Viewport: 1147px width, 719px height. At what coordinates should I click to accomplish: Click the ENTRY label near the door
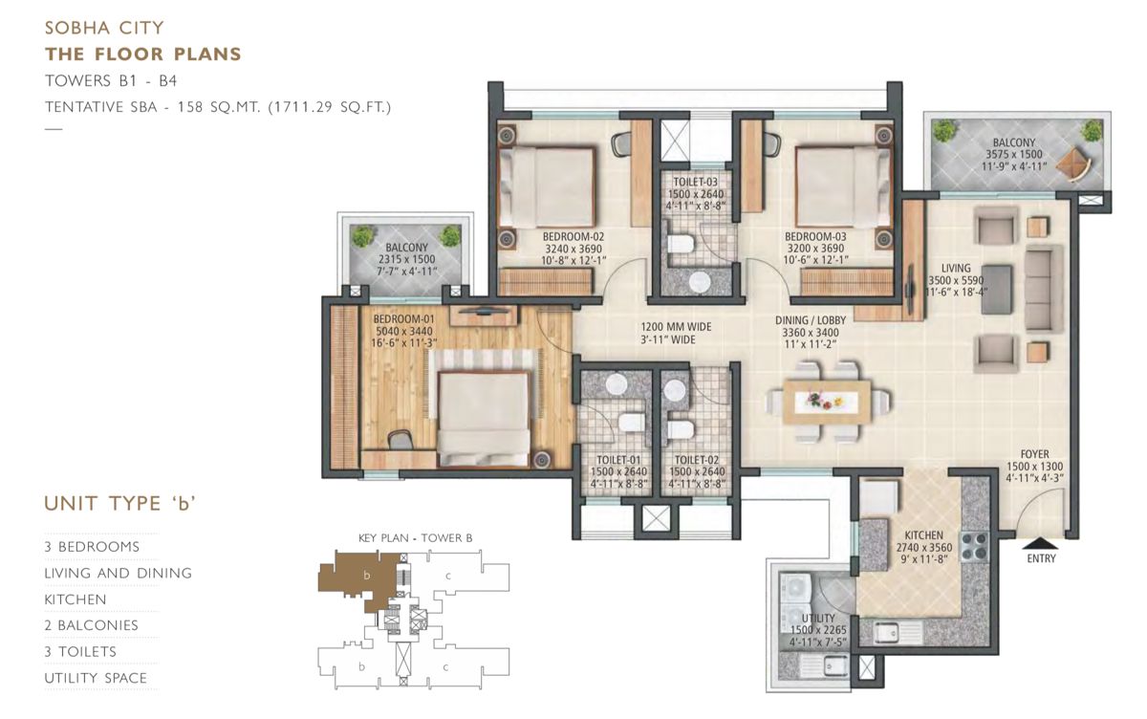(x=1041, y=558)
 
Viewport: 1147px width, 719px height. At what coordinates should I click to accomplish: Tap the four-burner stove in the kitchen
(x=977, y=549)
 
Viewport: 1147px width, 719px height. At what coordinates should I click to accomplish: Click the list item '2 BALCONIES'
(x=92, y=625)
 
